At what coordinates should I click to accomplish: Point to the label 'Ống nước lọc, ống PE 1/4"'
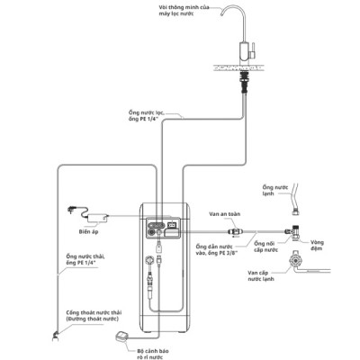pyautogui.click(x=147, y=116)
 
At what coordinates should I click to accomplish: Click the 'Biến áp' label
pyautogui.click(x=88, y=231)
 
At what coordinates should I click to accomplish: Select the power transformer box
pyautogui.click(x=98, y=218)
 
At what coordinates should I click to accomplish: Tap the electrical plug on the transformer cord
pyautogui.click(x=71, y=209)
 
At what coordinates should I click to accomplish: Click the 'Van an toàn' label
pyautogui.click(x=225, y=214)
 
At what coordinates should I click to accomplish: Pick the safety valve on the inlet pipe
pyautogui.click(x=235, y=231)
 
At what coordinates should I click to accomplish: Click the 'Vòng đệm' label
pyautogui.click(x=317, y=245)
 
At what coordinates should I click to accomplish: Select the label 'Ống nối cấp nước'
pyautogui.click(x=265, y=247)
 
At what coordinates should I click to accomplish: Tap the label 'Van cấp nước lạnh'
pyautogui.click(x=261, y=275)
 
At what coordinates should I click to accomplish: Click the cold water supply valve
pyautogui.click(x=296, y=260)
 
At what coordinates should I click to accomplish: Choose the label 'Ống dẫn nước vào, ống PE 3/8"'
pyautogui.click(x=217, y=249)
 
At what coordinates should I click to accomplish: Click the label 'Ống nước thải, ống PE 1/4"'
pyautogui.click(x=85, y=259)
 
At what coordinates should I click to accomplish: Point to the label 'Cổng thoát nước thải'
pyautogui.click(x=94, y=312)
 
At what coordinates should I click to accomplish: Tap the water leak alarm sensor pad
pyautogui.click(x=122, y=337)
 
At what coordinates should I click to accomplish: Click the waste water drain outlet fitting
pyautogui.click(x=55, y=336)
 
